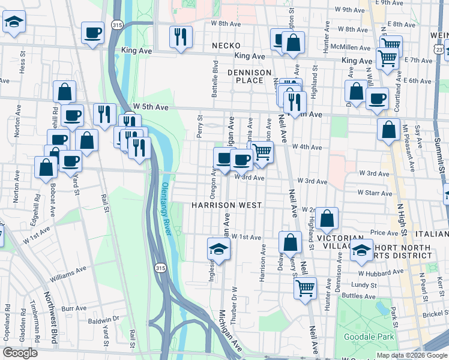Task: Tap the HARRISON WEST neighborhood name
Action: click(226, 205)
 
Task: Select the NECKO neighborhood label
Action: click(226, 46)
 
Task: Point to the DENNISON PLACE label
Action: click(249, 76)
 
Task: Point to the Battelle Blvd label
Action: click(214, 77)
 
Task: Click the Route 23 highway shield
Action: click(442, 49)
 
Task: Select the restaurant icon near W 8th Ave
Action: click(180, 37)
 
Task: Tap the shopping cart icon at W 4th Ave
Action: click(262, 152)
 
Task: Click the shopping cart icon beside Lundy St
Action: click(305, 288)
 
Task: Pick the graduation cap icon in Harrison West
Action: click(219, 250)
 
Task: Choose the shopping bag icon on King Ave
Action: click(293, 43)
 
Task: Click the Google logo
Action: click(20, 353)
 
